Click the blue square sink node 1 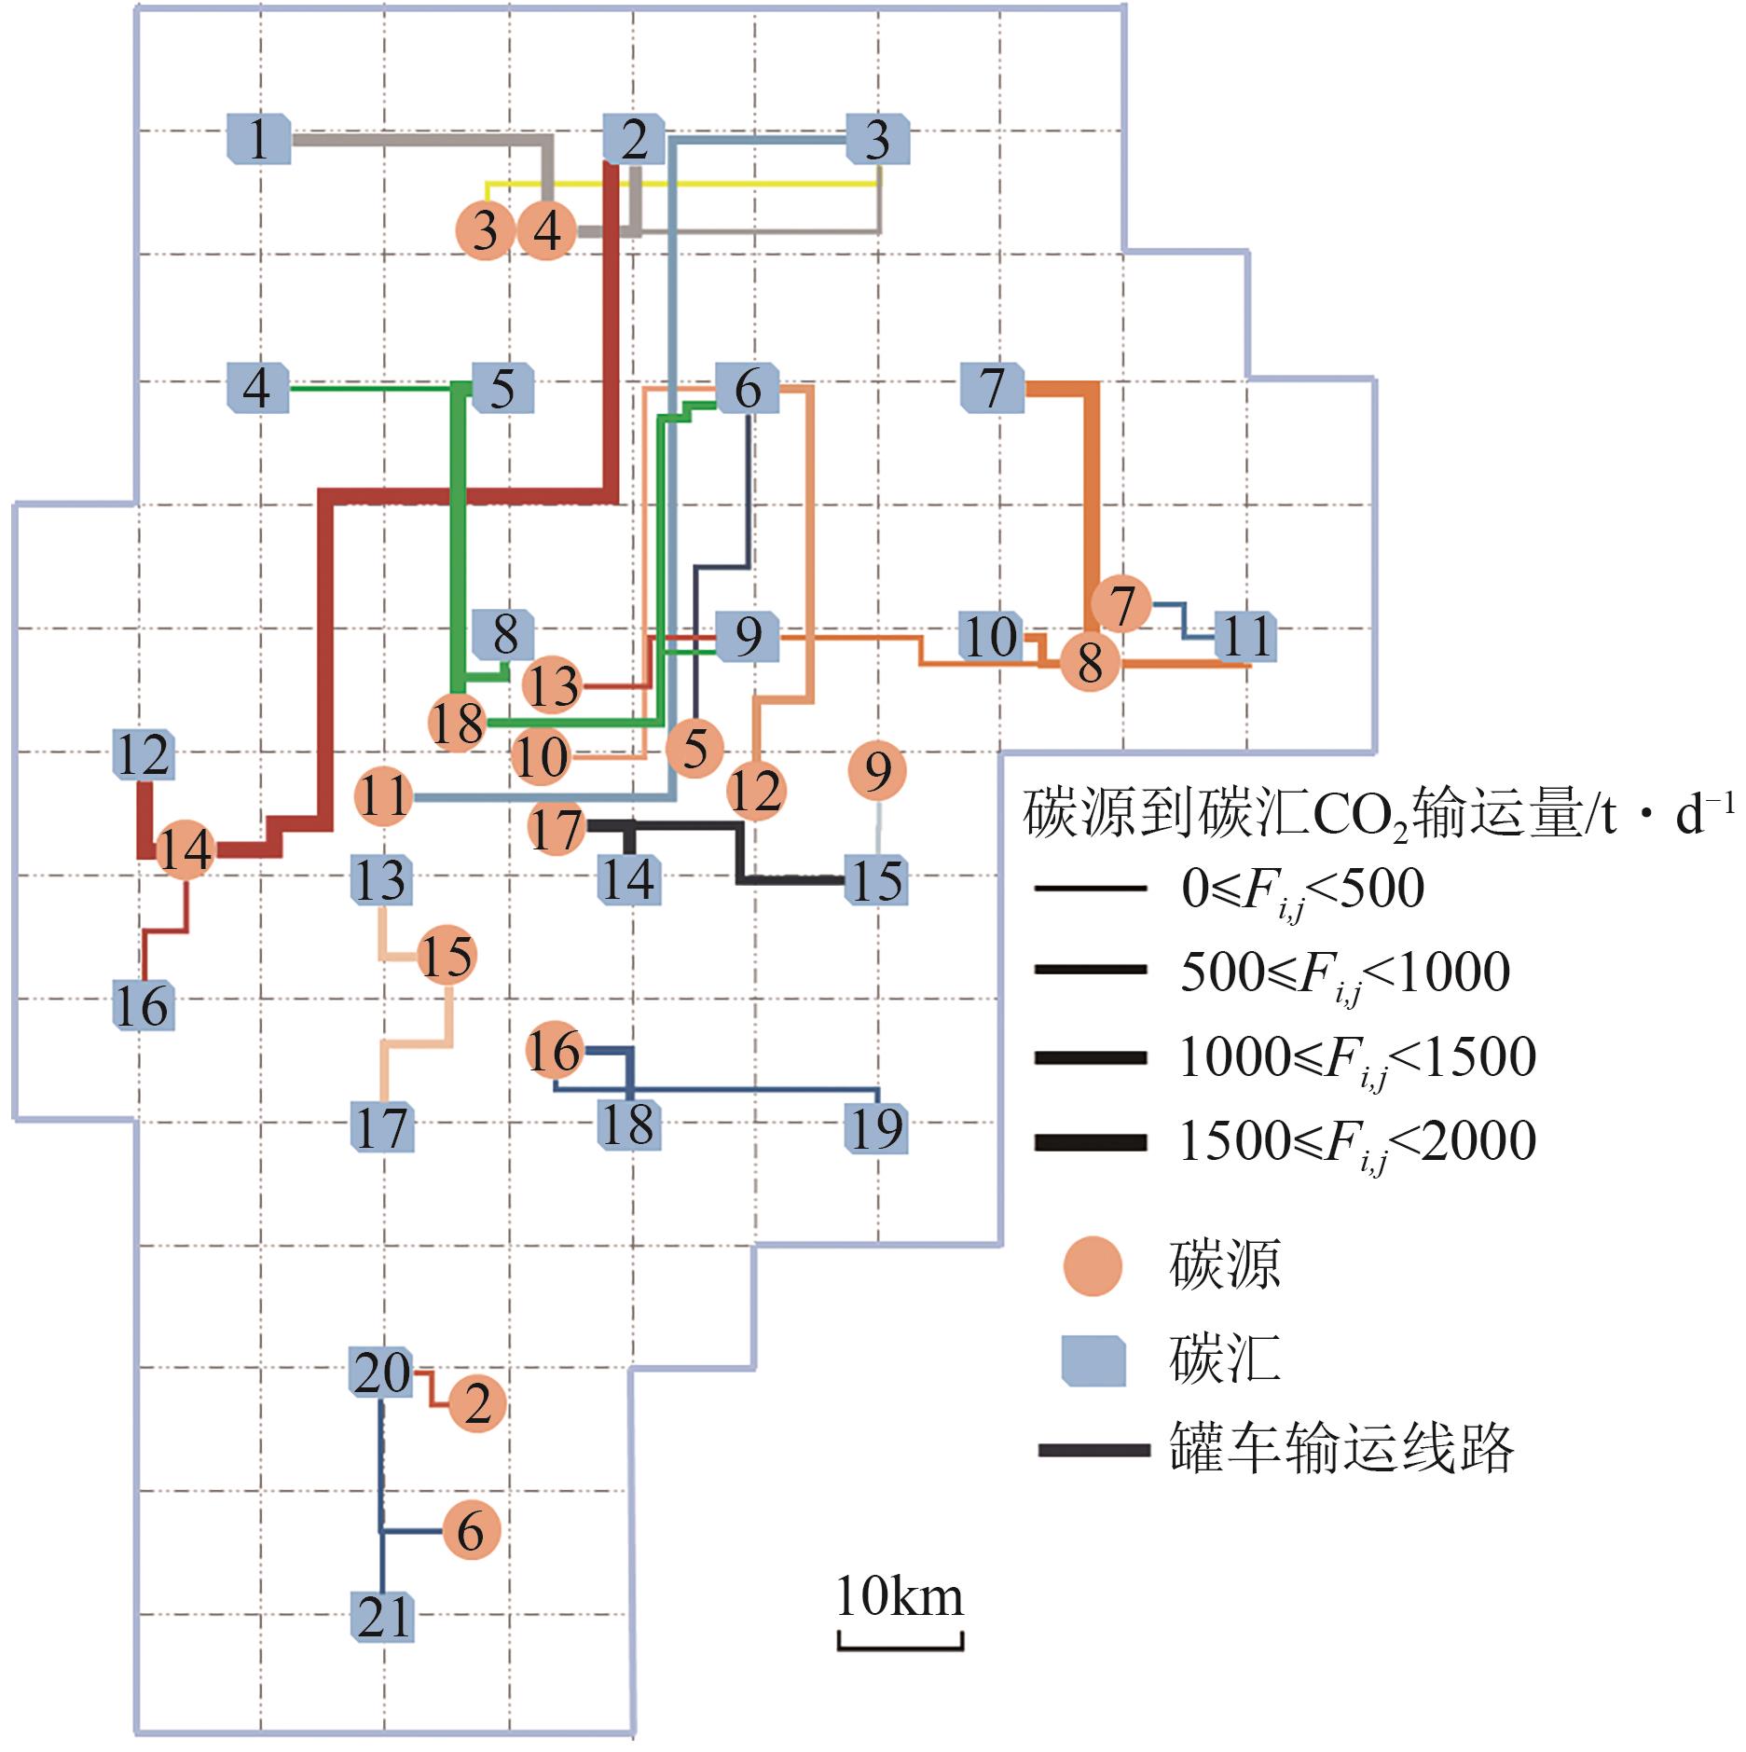(259, 139)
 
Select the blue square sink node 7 (992, 388)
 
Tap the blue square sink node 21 (382, 1616)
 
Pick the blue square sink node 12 (143, 754)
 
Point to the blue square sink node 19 (876, 1127)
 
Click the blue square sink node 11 (1246, 637)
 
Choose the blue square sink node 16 (143, 1005)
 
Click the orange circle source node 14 (185, 849)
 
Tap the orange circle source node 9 (877, 770)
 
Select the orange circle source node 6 (471, 1530)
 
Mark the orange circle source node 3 (485, 230)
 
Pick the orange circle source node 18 (457, 723)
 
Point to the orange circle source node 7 (1121, 604)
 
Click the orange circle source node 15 (447, 955)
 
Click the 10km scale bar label (900, 1596)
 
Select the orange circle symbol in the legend (1093, 1266)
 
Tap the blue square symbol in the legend (1093, 1359)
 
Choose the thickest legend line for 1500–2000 (1090, 1142)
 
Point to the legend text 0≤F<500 (1302, 889)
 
